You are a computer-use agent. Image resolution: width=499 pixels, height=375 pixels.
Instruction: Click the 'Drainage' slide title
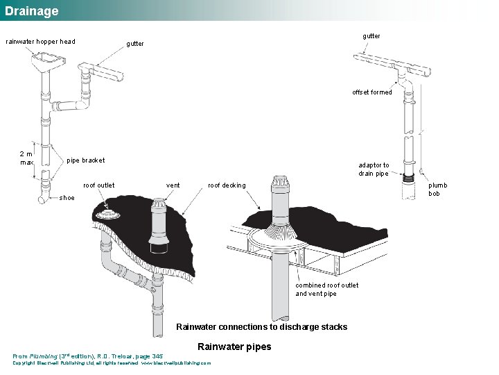[32, 11]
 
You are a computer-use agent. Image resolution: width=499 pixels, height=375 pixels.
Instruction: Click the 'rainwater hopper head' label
[41, 42]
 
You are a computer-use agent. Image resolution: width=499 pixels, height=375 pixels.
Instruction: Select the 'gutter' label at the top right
[371, 35]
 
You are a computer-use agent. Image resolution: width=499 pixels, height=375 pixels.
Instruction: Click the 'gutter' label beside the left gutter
[135, 44]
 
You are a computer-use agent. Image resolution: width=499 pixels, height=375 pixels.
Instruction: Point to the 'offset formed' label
[371, 92]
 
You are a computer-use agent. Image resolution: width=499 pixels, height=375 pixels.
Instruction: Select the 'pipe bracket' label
[85, 160]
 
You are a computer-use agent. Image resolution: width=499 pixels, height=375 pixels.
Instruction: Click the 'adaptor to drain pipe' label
[374, 169]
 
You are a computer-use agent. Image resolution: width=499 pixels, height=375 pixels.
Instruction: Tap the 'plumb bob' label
[437, 189]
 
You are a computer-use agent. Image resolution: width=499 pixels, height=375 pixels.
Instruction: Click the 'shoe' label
[67, 198]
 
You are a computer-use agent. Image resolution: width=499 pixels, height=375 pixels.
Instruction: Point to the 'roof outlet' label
[99, 185]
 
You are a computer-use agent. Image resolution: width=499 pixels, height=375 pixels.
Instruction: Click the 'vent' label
[173, 185]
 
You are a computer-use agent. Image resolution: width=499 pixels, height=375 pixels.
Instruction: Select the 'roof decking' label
[227, 185]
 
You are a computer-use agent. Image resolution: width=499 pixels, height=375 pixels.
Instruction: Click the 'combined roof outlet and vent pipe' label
[326, 290]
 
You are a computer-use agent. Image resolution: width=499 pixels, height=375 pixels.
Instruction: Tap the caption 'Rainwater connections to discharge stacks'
[261, 327]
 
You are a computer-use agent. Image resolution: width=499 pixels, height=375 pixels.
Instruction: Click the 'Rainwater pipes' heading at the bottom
[234, 347]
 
